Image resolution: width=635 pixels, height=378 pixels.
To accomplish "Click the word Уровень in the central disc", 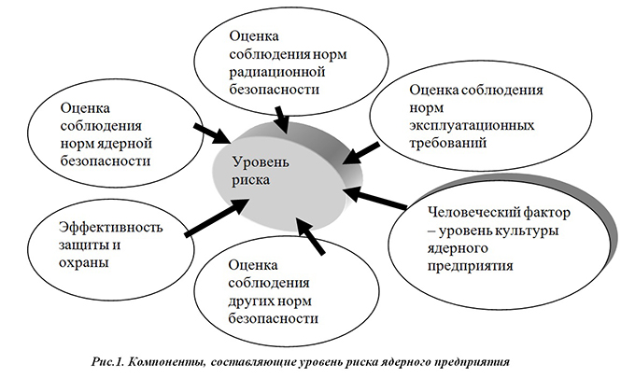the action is [261, 162].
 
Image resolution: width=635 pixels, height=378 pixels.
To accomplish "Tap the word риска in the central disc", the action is [250, 180].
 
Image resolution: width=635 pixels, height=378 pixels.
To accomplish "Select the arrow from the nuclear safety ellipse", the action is [212, 133].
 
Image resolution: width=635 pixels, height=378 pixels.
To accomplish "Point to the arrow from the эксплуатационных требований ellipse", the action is [360, 153].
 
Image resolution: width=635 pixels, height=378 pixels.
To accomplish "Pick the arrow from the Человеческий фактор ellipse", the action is [376, 199].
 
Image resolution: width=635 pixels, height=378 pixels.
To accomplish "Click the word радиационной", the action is [277, 72].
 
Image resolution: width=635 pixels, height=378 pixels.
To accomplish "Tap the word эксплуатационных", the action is [472, 125].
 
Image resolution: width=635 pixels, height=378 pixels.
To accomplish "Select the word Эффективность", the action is [110, 227].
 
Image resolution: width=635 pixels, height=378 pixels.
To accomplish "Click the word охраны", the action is [84, 263].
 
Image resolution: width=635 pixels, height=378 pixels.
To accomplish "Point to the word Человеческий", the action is [471, 213].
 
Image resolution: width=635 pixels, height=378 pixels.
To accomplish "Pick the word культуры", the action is [527, 231].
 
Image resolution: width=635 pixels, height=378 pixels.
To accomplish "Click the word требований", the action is [447, 144].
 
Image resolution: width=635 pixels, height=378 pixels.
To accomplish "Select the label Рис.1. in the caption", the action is [107, 361].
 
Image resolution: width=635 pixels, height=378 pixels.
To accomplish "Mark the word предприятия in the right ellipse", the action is [471, 266].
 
